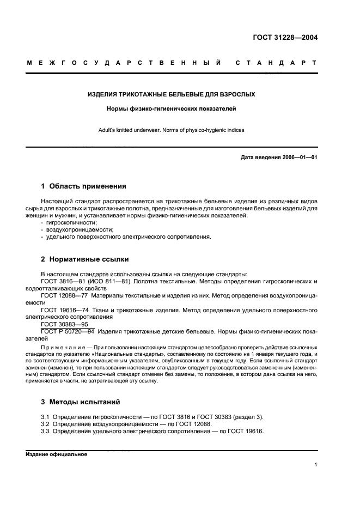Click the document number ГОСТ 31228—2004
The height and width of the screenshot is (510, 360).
(x=285, y=38)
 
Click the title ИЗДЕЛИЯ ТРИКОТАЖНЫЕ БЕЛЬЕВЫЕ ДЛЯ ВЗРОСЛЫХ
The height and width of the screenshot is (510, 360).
(x=172, y=94)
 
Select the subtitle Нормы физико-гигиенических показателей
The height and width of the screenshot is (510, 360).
(x=172, y=109)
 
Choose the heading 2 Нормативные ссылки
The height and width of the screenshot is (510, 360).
(x=85, y=259)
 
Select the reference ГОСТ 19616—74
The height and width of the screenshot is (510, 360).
(x=65, y=309)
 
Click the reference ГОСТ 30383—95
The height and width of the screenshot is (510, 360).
(x=64, y=324)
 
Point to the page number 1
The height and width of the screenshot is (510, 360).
(x=315, y=465)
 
